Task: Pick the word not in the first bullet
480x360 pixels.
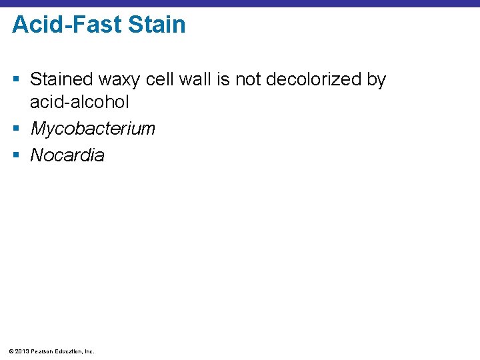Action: pyautogui.click(x=249, y=80)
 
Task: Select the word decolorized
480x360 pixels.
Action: pyautogui.click(x=313, y=80)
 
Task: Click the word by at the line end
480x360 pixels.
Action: pyautogui.click(x=376, y=81)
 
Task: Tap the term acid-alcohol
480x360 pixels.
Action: pyautogui.click(x=79, y=103)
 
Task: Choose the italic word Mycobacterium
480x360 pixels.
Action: pyautogui.click(x=93, y=129)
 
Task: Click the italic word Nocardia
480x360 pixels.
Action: pyautogui.click(x=67, y=155)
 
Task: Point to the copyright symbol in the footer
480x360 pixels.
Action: pyautogui.click(x=13, y=351)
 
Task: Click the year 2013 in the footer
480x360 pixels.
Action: pyautogui.click(x=23, y=351)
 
